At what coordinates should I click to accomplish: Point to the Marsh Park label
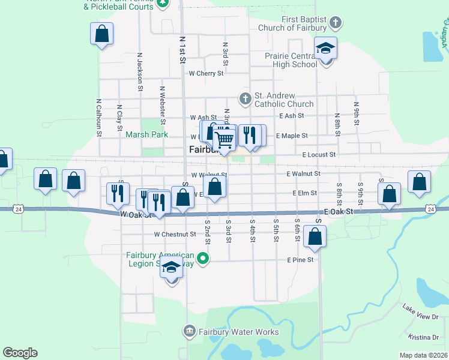(x=146, y=135)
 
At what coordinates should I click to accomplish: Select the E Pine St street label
(x=301, y=260)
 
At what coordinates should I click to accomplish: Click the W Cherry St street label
(x=206, y=74)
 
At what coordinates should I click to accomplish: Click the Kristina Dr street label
(x=424, y=337)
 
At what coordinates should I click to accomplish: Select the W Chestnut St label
(x=175, y=234)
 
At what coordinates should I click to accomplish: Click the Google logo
(x=20, y=353)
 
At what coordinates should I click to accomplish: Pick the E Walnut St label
(x=304, y=173)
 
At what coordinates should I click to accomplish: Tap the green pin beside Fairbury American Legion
(x=203, y=259)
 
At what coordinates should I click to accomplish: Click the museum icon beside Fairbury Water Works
(x=189, y=331)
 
